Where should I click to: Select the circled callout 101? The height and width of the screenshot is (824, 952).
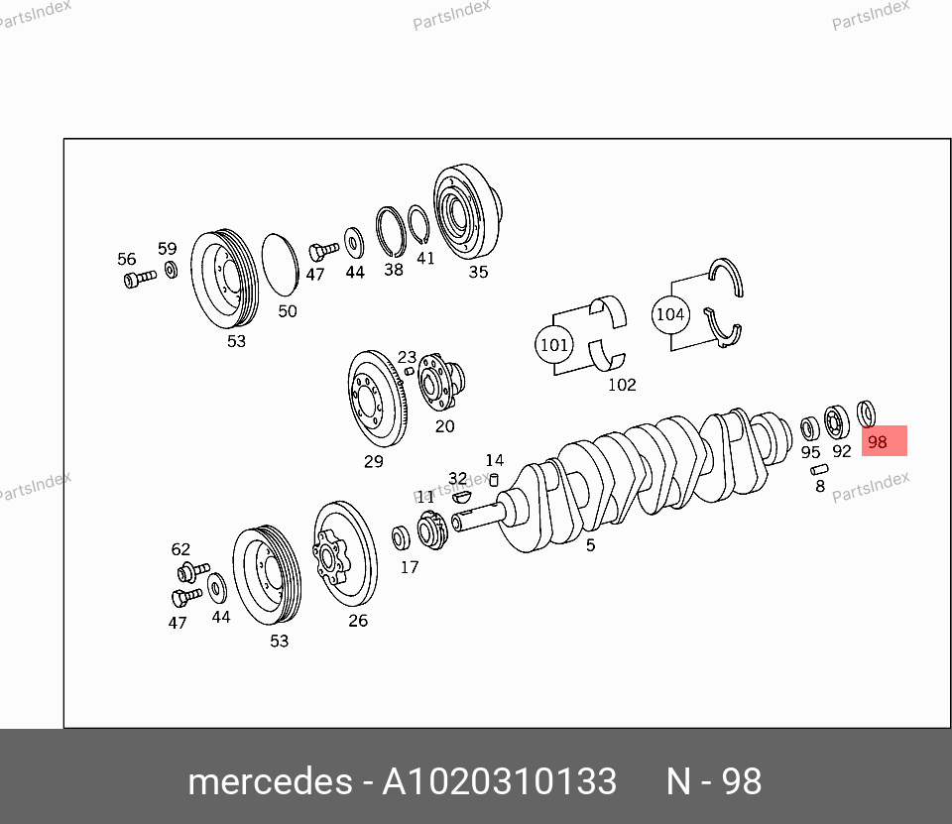click(x=553, y=344)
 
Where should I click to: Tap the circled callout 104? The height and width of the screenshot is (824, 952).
click(x=670, y=314)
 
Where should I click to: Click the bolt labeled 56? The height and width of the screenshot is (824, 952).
click(x=140, y=279)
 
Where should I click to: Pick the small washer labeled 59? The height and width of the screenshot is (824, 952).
click(x=172, y=269)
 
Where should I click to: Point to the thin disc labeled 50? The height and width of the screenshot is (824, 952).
click(x=280, y=265)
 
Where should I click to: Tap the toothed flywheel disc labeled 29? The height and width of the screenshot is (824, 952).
click(x=377, y=399)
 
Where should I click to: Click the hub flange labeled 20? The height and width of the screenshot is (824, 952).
click(x=440, y=382)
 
